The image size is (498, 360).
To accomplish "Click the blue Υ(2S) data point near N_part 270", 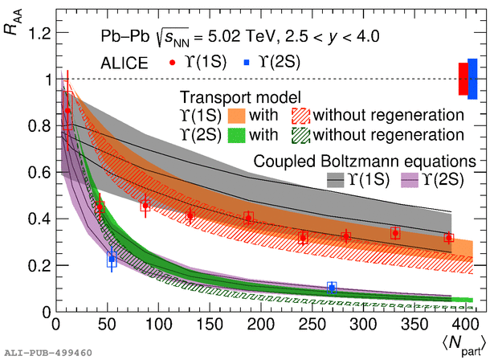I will pos(332,287).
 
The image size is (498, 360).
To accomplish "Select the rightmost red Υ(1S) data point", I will pos(448,238).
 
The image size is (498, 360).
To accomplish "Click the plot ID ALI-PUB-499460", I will pos(48,352).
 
